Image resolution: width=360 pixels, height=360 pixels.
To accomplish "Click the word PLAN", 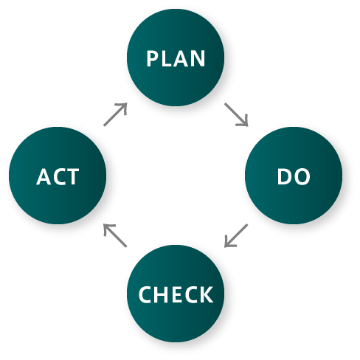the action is coord(176,58).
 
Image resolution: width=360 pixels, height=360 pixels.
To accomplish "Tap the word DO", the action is coord(294,176).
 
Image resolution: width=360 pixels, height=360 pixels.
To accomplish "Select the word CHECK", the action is coord(176,294).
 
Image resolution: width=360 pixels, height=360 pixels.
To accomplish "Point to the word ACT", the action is coord(58,176).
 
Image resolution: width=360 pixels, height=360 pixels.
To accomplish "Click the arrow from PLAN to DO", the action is coord(236,115).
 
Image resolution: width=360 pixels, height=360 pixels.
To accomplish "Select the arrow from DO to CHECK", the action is coord(236,235).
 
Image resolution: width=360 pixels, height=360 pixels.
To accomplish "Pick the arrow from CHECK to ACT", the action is coord(115,235).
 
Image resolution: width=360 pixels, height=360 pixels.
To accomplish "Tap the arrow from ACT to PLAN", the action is coord(115,114).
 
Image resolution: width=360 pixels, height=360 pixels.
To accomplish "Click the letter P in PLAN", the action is coord(152,58).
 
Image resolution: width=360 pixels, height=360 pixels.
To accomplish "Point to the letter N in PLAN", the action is coord(198,58).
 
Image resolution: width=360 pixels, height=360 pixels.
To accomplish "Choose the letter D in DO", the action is coord(284,176).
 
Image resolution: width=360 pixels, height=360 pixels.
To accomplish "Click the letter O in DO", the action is coord(302,176).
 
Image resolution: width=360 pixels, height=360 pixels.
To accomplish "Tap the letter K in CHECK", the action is coord(207,294).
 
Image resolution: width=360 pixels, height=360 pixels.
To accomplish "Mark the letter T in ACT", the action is coord(73,176).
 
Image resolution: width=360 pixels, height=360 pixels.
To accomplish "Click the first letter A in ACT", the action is coord(44,176).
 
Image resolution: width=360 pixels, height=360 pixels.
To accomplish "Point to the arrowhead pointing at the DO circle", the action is coord(243,122).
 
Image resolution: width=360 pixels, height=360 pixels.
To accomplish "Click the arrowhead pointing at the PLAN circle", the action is coord(122,108).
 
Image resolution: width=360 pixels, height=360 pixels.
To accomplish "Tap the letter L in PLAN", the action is coord(165,58).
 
